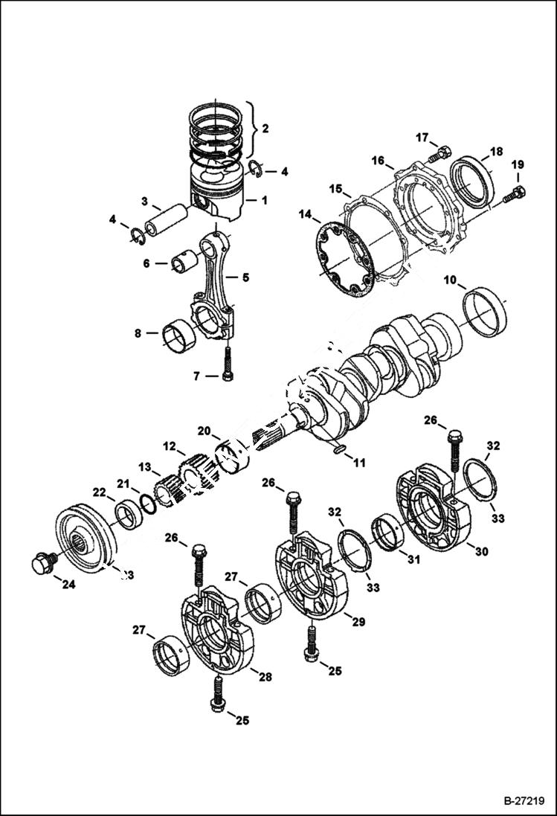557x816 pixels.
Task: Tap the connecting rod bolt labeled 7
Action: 228,364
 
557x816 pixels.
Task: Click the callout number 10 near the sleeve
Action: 451,280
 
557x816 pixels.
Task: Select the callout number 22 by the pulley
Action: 99,493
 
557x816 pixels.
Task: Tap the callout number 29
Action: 358,622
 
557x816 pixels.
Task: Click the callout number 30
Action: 481,552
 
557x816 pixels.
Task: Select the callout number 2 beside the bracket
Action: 265,127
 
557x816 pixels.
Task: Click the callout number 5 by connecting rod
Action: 245,277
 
